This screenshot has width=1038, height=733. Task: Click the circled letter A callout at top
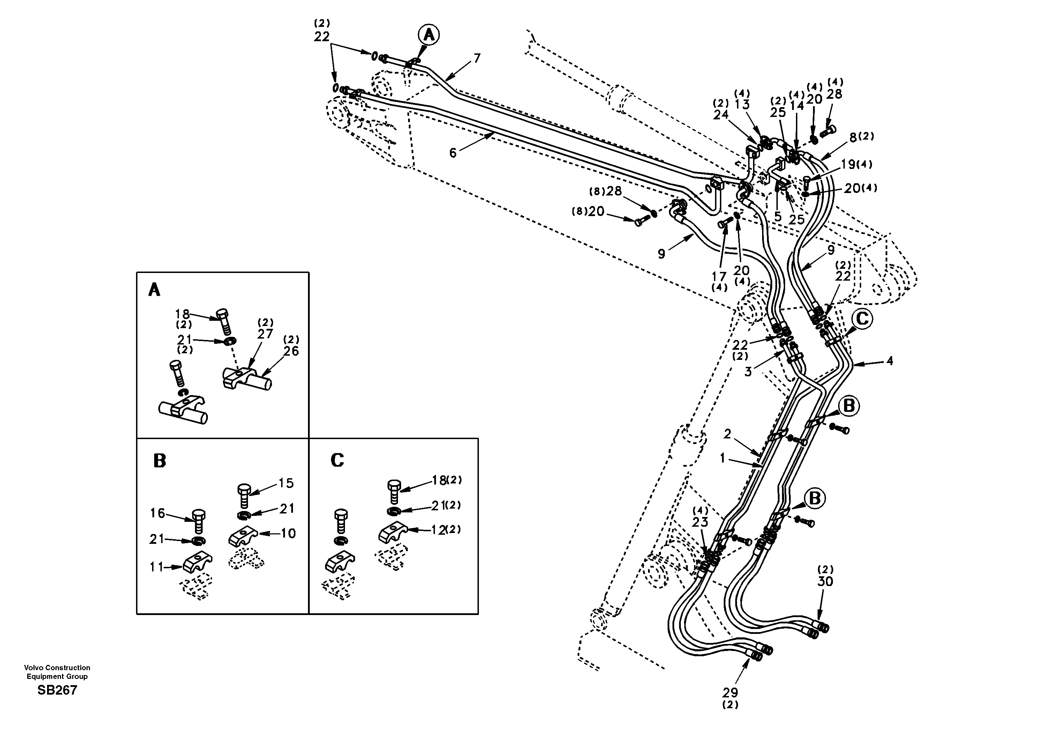pyautogui.click(x=429, y=35)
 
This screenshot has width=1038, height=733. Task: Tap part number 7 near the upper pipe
pyautogui.click(x=477, y=58)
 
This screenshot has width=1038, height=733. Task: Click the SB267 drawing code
pyautogui.click(x=58, y=690)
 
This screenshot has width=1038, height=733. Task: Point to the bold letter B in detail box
pyautogui.click(x=160, y=461)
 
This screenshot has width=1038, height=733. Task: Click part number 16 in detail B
pyautogui.click(x=157, y=513)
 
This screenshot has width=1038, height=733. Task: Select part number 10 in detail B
pyautogui.click(x=288, y=533)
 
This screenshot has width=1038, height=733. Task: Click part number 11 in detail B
pyautogui.click(x=156, y=567)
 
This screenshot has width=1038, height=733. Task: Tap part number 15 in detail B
pyautogui.click(x=286, y=483)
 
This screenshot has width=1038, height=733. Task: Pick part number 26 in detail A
pyautogui.click(x=292, y=351)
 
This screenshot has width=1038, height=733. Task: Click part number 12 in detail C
pyautogui.click(x=438, y=530)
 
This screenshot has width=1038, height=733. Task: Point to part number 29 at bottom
pyautogui.click(x=730, y=692)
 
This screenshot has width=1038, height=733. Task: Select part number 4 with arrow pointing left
pyautogui.click(x=889, y=361)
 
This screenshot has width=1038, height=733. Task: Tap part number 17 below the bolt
pyautogui.click(x=719, y=276)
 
